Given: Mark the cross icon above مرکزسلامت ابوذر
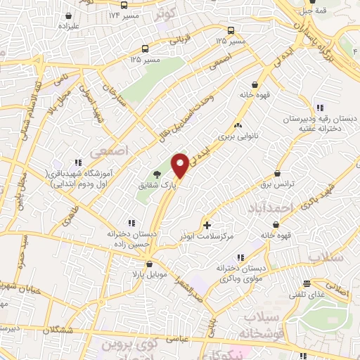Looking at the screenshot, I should pos(207,225).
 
